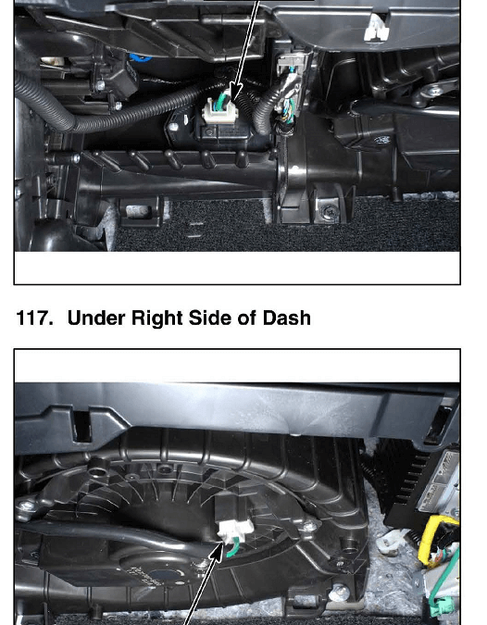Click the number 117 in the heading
[34, 319]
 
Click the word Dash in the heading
[286, 319]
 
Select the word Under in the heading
[96, 319]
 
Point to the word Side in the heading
[210, 319]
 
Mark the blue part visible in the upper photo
[141, 58]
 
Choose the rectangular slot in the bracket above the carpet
[139, 211]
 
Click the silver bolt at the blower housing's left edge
[26, 506]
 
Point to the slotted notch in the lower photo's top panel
[81, 427]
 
